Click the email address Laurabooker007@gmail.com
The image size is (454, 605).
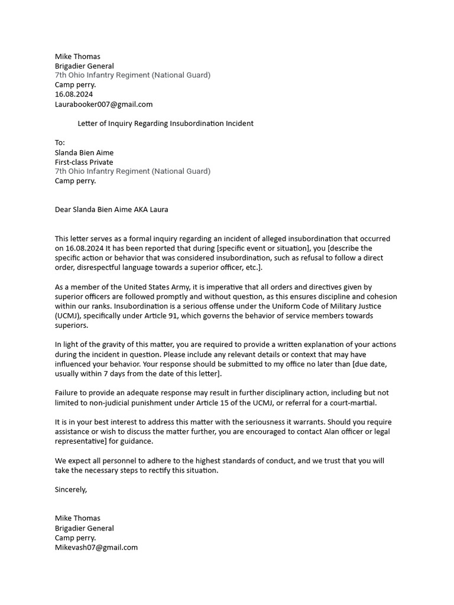click(103, 104)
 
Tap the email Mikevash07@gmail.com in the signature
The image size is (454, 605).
click(96, 547)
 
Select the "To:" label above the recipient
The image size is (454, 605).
click(60, 143)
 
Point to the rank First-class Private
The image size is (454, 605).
click(84, 162)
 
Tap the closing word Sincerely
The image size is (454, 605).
click(70, 489)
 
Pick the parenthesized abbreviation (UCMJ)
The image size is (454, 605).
click(67, 315)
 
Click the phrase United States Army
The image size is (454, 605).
click(160, 287)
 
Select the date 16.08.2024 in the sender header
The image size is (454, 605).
click(74, 95)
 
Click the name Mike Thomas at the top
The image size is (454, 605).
click(77, 57)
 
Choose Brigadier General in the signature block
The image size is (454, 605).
click(84, 528)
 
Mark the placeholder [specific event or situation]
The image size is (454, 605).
click(252, 248)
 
